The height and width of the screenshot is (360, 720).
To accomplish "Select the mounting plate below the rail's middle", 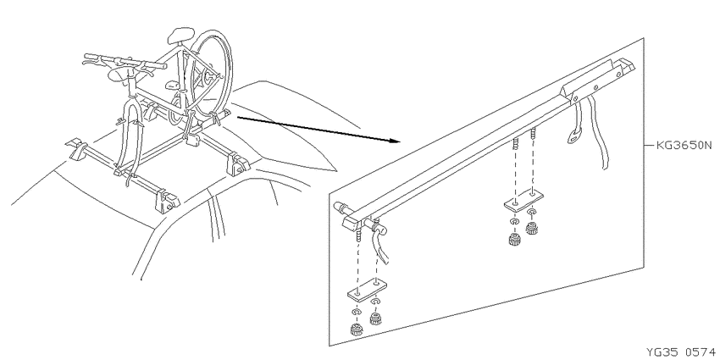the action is [x=524, y=200].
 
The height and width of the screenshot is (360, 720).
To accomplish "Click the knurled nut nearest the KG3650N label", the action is [x=532, y=228].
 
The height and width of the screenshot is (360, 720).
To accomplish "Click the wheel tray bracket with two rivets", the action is [x=591, y=86].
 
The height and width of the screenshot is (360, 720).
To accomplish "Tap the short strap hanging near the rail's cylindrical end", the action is [x=382, y=244].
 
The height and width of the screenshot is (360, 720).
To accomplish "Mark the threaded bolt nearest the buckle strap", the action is [x=534, y=136].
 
